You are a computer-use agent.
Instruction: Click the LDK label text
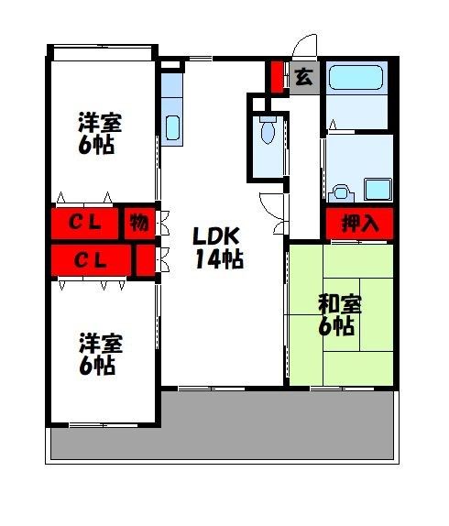217,236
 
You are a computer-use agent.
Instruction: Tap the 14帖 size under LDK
218,259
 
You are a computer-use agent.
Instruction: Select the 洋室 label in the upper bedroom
100,122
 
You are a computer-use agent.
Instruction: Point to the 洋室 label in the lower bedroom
100,343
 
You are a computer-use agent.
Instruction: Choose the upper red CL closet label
90,223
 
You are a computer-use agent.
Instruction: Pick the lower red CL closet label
90,259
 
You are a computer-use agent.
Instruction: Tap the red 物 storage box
138,223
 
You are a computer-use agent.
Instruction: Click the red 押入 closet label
358,223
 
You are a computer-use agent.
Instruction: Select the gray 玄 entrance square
303,77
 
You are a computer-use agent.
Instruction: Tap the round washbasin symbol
341,192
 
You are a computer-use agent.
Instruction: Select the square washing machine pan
377,190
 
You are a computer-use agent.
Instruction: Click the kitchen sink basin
170,126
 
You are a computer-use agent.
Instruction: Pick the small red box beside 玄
277,77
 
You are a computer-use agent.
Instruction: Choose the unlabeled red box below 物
144,259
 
